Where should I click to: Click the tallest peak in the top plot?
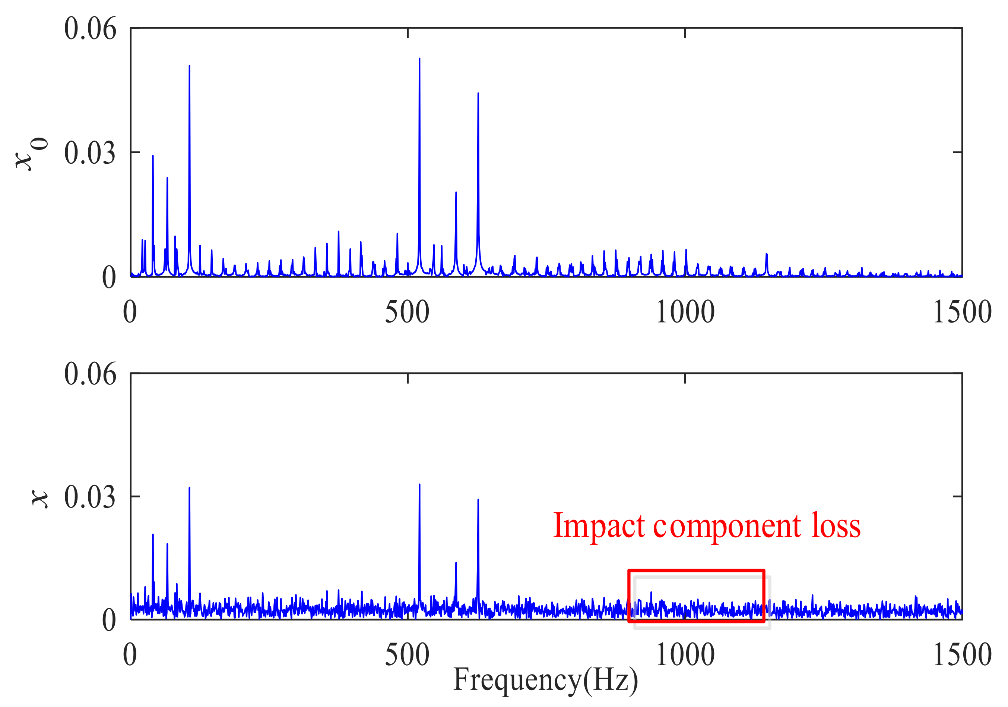point(419,59)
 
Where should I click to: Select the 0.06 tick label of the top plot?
point(90,29)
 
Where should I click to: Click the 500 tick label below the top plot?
point(407,312)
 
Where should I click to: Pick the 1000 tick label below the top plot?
point(685,312)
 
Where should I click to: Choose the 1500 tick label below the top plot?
point(962,312)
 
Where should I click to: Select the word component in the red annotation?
point(727,527)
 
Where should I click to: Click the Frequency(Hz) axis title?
point(546,679)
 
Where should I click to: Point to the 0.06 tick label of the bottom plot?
point(90,374)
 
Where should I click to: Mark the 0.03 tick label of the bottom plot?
point(90,497)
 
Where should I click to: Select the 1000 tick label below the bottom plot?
point(685,655)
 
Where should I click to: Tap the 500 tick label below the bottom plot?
point(407,655)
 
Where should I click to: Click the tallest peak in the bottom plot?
point(419,485)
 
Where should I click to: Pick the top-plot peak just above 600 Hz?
point(478,94)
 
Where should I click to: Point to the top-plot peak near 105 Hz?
point(189,67)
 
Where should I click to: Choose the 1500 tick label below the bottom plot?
point(962,655)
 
